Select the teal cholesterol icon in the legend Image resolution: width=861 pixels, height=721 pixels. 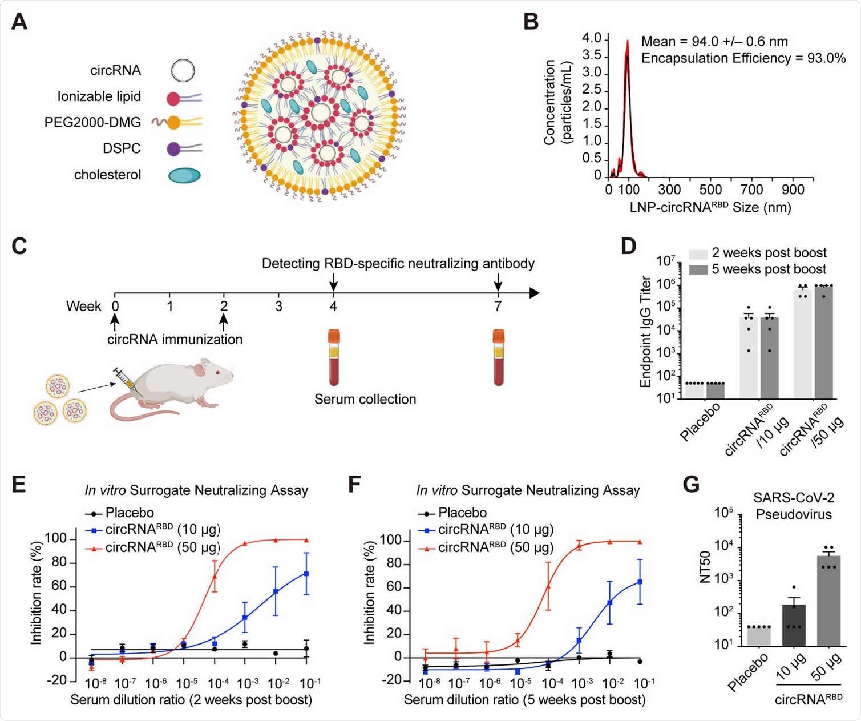[184, 175]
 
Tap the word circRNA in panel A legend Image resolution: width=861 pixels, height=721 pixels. [115, 70]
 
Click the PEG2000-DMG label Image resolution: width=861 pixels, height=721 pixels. [92, 123]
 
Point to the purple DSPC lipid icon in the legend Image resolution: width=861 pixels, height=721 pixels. [174, 149]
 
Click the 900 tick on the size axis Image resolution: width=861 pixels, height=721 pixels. [793, 190]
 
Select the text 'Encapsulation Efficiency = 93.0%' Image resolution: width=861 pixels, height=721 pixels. [743, 58]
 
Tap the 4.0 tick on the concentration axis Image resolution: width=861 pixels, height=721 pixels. [591, 38]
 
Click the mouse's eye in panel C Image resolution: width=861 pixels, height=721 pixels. [217, 373]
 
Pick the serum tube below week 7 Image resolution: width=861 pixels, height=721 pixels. [499, 357]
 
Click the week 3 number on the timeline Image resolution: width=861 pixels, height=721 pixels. [278, 307]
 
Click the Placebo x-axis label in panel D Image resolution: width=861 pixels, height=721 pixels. [700, 421]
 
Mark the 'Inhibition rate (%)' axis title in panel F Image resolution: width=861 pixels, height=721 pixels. [370, 594]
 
